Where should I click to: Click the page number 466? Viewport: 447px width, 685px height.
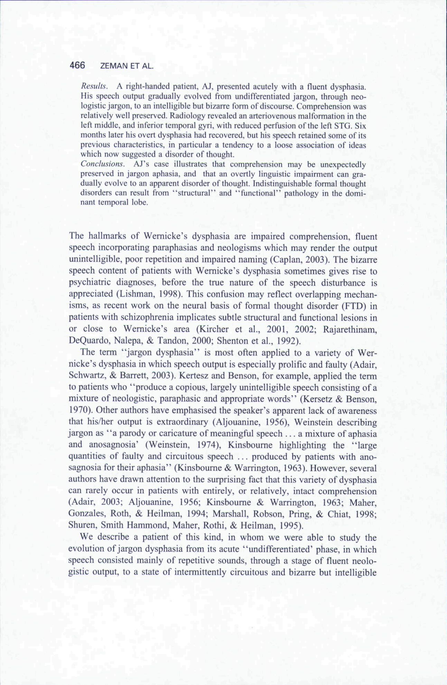[77, 65]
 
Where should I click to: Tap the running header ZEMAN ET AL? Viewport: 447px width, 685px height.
[126, 66]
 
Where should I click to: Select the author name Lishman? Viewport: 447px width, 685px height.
[133, 294]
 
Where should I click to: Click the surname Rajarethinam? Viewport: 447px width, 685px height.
[350, 329]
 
